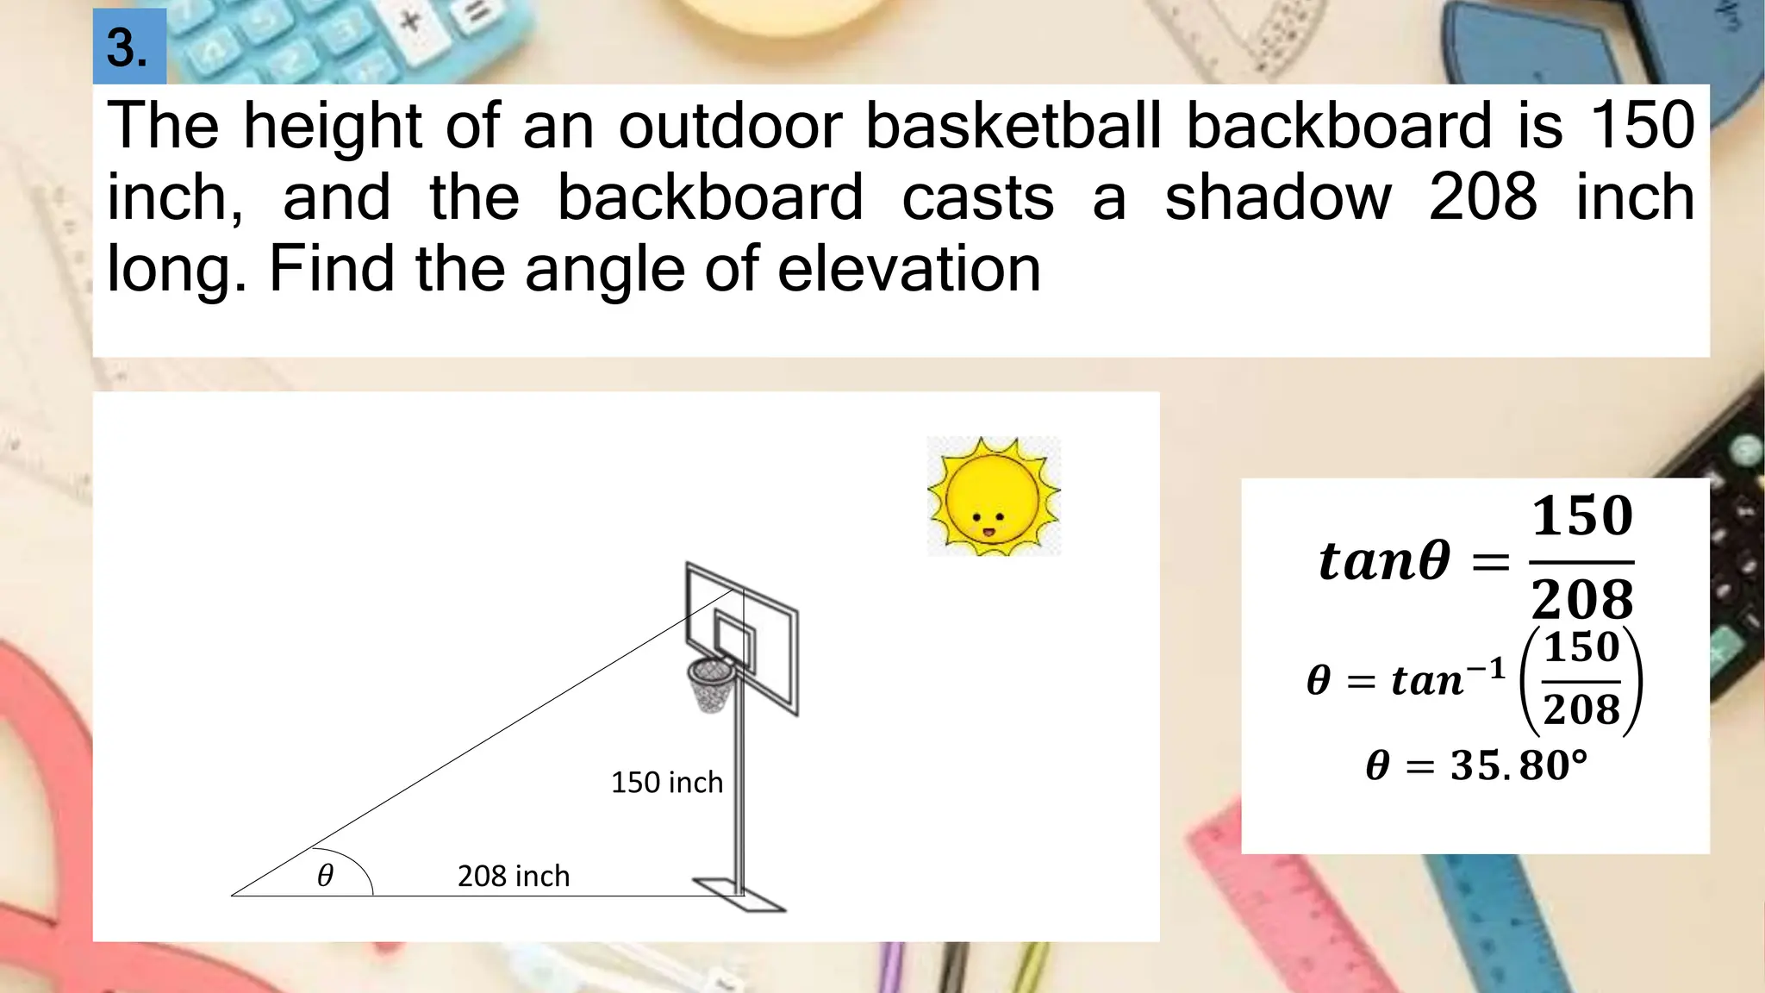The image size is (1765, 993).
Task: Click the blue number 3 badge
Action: tap(129, 47)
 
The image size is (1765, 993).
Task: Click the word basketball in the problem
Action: tap(1013, 126)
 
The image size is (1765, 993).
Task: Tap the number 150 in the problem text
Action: tap(1642, 126)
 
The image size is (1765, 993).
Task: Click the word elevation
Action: tap(909, 269)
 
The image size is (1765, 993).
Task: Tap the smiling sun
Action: tap(993, 496)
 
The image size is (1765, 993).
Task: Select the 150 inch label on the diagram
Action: tap(666, 783)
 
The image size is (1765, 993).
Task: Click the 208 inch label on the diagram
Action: tap(514, 877)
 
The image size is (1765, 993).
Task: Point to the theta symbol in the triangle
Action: tap(325, 877)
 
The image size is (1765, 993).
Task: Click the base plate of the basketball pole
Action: tap(739, 895)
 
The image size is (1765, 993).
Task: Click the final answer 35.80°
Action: tap(1475, 765)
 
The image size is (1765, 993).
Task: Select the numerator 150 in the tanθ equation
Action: tap(1582, 516)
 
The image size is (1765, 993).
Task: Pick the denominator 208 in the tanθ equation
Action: tap(1582, 599)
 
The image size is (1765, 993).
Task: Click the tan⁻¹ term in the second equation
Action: tap(1448, 679)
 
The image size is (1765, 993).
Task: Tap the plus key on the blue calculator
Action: tap(411, 19)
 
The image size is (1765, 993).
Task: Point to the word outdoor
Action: tap(730, 126)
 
